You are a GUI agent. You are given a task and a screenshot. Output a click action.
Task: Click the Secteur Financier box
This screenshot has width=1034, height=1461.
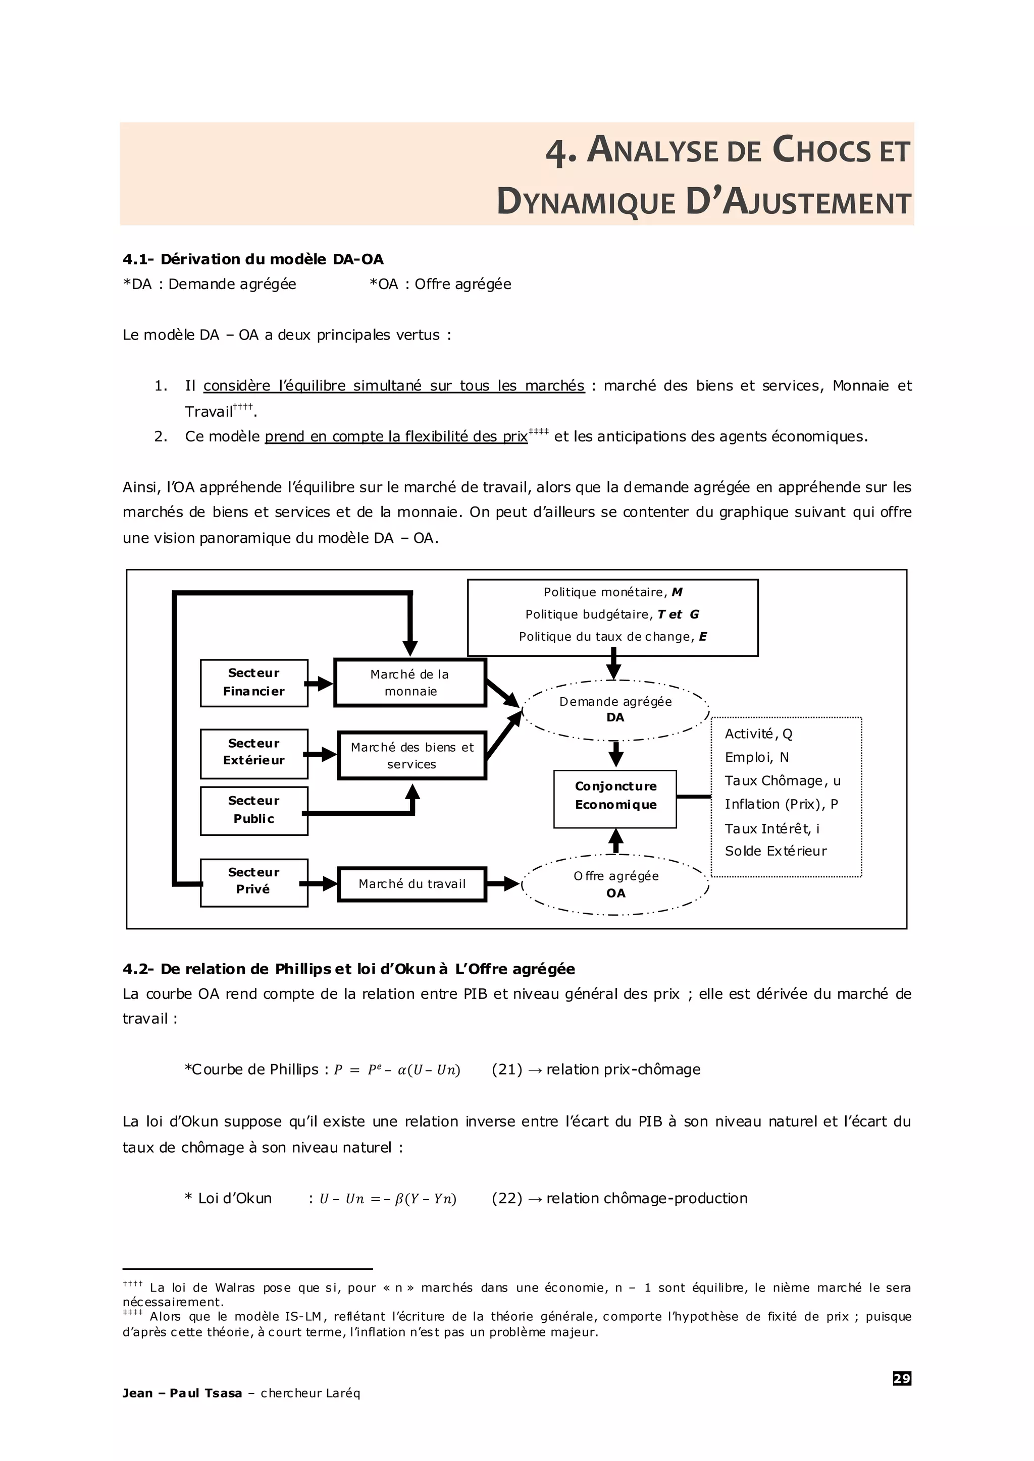[253, 683]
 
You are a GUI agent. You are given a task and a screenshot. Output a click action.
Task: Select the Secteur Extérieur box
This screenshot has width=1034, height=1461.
[253, 753]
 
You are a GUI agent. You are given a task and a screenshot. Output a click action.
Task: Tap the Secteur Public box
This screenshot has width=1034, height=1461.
[253, 810]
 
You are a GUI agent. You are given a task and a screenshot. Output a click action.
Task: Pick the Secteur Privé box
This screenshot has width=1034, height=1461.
[253, 882]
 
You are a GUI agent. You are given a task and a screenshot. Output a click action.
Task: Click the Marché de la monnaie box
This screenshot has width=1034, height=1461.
[410, 683]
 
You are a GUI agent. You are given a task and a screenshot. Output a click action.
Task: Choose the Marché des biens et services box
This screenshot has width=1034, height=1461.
[412, 755]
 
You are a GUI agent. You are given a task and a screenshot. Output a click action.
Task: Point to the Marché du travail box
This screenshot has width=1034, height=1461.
[412, 884]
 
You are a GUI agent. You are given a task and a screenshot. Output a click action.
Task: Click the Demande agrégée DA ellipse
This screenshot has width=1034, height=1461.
[615, 709]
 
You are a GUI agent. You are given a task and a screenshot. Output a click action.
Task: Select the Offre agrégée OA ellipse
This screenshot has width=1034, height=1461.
[615, 884]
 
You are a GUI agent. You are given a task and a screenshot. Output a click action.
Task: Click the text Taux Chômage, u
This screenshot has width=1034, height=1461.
[783, 781]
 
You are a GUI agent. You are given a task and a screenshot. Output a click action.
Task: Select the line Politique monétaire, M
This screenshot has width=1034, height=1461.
[612, 592]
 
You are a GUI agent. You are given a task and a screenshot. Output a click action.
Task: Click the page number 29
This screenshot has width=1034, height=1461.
[902, 1379]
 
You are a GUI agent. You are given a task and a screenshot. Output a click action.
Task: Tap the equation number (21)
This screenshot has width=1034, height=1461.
[507, 1070]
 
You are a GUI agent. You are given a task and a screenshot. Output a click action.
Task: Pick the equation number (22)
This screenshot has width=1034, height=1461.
[507, 1199]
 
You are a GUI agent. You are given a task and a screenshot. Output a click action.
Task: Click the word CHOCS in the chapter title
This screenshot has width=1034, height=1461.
[821, 150]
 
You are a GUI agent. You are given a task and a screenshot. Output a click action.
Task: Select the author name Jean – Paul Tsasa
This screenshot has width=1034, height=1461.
[182, 1393]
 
